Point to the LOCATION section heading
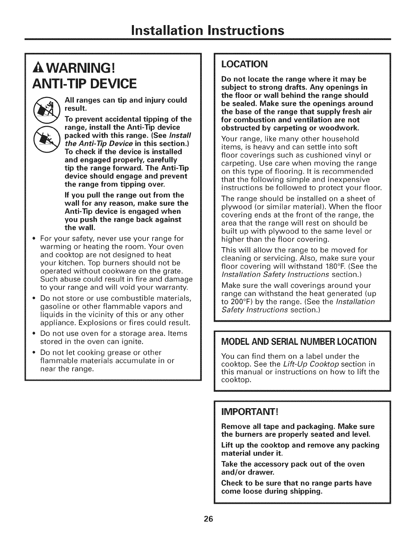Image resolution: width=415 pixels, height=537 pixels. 244,64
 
